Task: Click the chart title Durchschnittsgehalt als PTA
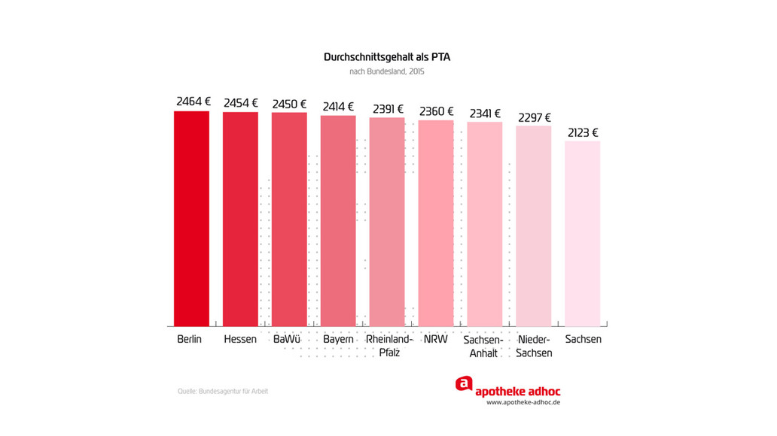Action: tap(387, 57)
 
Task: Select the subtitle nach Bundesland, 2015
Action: tap(387, 72)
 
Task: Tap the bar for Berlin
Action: tap(191, 218)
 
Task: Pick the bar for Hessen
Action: tap(240, 218)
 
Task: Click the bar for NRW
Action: tap(436, 223)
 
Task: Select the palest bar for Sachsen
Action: tap(583, 233)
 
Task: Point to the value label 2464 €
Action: tap(193, 101)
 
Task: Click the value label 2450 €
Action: tap(289, 104)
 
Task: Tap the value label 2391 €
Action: tap(387, 109)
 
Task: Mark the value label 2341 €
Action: tap(485, 114)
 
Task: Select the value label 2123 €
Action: tap(583, 133)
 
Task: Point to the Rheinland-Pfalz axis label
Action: tap(389, 346)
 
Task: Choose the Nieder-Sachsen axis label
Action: tap(535, 346)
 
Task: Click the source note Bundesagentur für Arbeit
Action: tap(223, 391)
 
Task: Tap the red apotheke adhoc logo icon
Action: tap(464, 384)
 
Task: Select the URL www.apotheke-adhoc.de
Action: tap(523, 402)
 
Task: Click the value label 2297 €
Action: tap(535, 118)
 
